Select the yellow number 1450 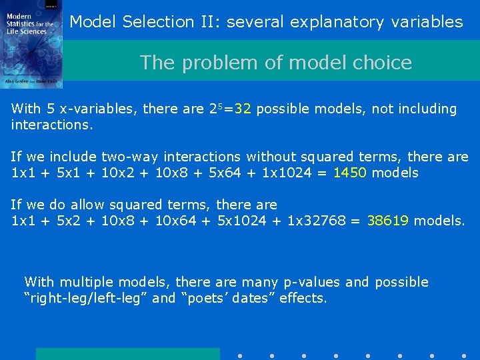click(x=350, y=173)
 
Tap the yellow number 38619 click(x=387, y=221)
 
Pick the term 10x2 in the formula click(x=118, y=173)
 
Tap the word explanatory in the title click(x=338, y=22)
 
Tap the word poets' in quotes click(x=205, y=298)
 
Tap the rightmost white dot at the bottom click(x=464, y=355)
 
